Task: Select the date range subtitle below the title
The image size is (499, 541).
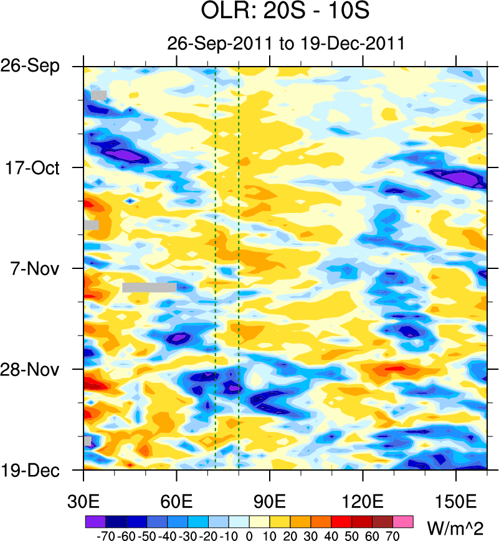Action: [287, 44]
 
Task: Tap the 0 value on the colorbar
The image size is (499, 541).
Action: [249, 535]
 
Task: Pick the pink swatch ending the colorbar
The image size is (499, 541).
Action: [404, 520]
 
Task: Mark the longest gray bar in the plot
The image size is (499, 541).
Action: [150, 287]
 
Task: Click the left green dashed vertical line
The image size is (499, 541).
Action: [215, 268]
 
